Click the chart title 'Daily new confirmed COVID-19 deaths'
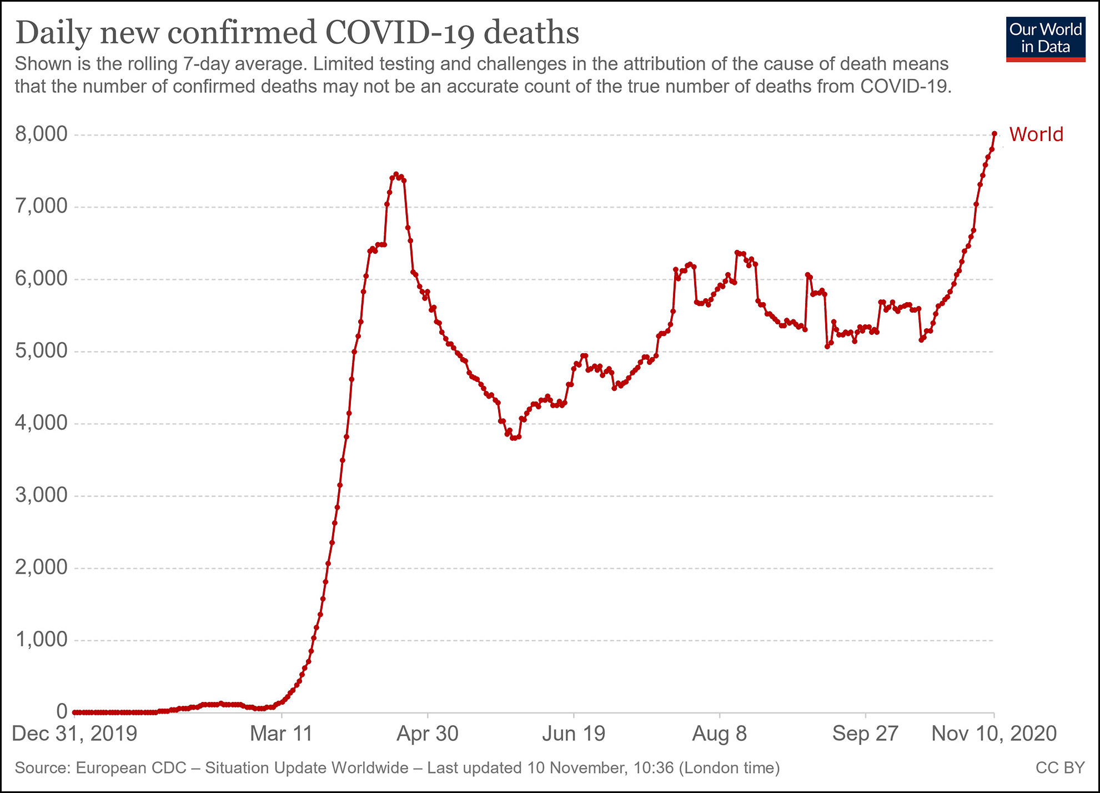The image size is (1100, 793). pos(297,32)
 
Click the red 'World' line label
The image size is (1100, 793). pos(1036,134)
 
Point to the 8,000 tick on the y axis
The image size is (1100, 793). pos(41,134)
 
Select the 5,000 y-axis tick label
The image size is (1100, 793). pos(41,350)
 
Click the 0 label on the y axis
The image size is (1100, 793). pos(61,711)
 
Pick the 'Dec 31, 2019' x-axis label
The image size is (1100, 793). pos(74,734)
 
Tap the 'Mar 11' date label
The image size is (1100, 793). pos(282,734)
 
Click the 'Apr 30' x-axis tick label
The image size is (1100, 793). pos(427,734)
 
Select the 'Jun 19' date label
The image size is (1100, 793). pos(574,734)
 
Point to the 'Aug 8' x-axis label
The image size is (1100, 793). pos(719,734)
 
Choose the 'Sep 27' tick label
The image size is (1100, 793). pos(865,734)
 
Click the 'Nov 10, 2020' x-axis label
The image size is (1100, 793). pos(994,734)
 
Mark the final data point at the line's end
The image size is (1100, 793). pos(994,133)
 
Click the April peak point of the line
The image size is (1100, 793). pos(396,174)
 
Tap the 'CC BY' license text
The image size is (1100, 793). pos(1059,767)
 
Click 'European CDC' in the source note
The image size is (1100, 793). pos(131,767)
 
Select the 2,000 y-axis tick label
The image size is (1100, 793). pos(41,567)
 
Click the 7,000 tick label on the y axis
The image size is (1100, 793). pos(41,206)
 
